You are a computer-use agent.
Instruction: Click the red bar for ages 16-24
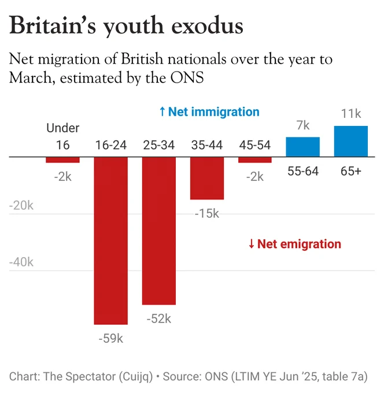click(x=111, y=240)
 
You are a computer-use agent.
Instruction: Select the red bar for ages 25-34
click(x=159, y=231)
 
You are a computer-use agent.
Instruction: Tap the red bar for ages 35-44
click(x=207, y=178)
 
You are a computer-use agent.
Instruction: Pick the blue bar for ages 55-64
click(x=303, y=147)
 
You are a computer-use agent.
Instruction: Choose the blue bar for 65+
click(x=351, y=142)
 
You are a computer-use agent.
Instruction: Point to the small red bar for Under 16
click(x=62, y=160)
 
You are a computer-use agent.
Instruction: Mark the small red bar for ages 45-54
click(x=255, y=160)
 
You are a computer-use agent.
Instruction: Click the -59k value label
click(x=111, y=338)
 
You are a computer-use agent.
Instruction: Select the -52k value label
click(x=159, y=319)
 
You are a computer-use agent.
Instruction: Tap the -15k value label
click(x=207, y=213)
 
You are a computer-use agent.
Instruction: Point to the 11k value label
click(x=351, y=114)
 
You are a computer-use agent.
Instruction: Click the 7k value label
click(x=303, y=125)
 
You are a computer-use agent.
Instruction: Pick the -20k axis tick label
click(x=21, y=206)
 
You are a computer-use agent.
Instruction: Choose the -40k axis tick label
click(x=21, y=262)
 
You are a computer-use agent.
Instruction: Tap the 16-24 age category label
click(x=111, y=145)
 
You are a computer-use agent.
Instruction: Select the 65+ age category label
click(x=351, y=171)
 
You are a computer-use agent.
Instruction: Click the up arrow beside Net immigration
click(x=163, y=112)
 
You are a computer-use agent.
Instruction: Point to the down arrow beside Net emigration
click(x=252, y=244)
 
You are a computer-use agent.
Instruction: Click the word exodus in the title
click(x=207, y=26)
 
